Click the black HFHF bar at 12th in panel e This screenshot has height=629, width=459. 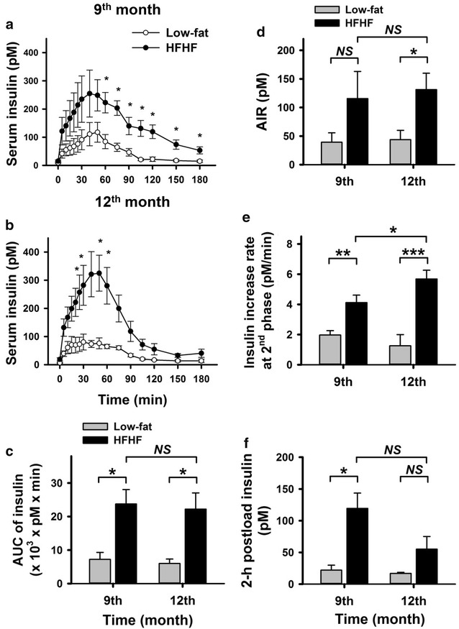tap(414, 321)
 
